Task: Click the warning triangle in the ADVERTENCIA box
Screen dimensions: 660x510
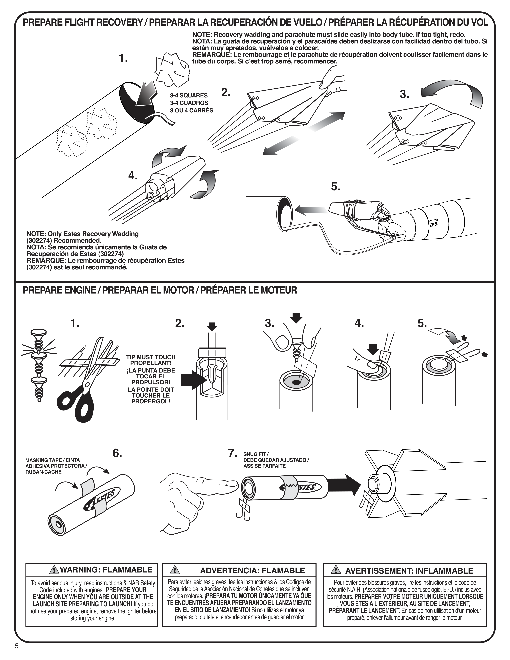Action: click(174, 570)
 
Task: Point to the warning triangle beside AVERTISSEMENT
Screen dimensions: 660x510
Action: click(335, 570)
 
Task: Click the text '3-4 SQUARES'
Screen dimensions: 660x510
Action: click(189, 95)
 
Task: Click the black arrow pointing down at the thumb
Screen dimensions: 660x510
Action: click(373, 349)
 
